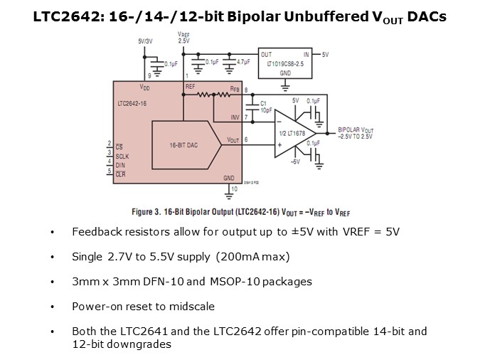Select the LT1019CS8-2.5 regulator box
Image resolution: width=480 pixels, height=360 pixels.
(x=285, y=64)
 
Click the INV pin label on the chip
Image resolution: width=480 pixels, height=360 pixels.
(x=235, y=117)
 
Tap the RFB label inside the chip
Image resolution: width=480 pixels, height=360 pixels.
(x=234, y=90)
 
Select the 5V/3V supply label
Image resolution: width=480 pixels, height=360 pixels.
(x=146, y=41)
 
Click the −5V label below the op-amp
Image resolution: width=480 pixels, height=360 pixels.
(x=295, y=162)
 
